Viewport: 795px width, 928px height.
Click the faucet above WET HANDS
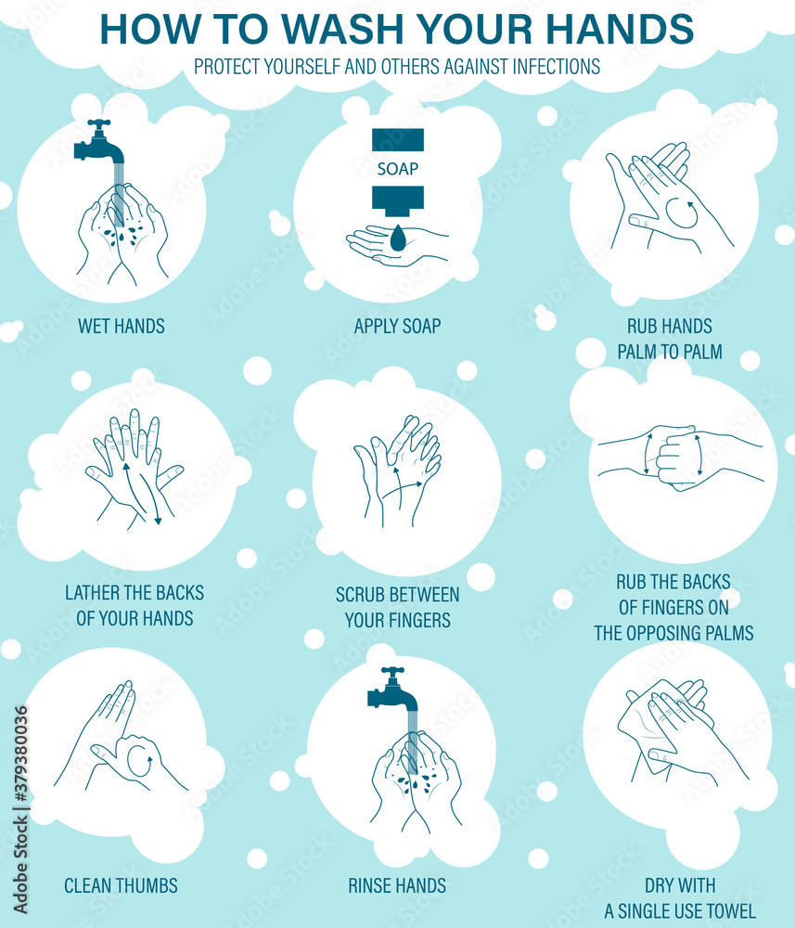pos(96,143)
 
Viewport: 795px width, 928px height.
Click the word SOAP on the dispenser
pos(397,169)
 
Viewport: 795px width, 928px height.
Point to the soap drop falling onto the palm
pos(398,238)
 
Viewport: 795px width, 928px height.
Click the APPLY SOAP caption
pos(397,326)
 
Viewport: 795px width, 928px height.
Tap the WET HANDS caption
pos(122,326)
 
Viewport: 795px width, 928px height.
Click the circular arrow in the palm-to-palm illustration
pos(682,213)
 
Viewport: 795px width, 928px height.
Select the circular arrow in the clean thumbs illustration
pos(139,762)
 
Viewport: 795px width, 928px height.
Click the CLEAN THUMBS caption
pos(121,885)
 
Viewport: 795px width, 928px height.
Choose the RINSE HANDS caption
pos(397,885)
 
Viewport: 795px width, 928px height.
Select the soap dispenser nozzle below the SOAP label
pos(398,200)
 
